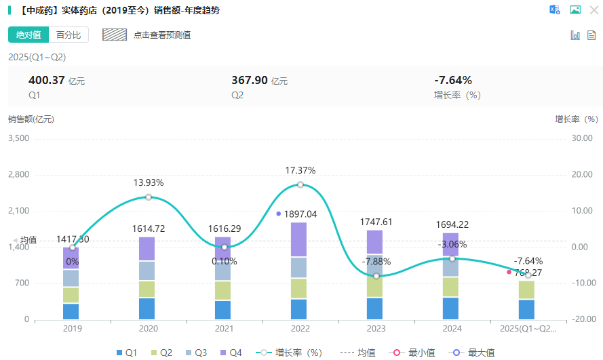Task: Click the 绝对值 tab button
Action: (x=28, y=35)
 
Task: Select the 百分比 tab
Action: (x=69, y=35)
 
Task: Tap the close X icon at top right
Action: (x=593, y=9)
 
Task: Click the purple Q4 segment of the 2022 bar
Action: (x=300, y=239)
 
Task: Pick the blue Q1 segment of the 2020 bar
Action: (x=148, y=308)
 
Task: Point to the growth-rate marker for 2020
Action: (x=148, y=197)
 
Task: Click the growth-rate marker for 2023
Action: (x=376, y=276)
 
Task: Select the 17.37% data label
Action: (x=300, y=170)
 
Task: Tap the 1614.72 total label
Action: (x=148, y=229)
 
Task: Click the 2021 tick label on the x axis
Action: (x=224, y=328)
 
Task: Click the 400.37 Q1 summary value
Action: (x=47, y=80)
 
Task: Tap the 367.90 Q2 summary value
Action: (x=250, y=80)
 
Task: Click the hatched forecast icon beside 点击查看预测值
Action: (x=115, y=35)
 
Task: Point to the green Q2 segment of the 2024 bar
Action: (x=452, y=287)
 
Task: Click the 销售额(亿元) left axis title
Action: (x=31, y=119)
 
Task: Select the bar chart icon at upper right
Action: (x=575, y=35)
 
